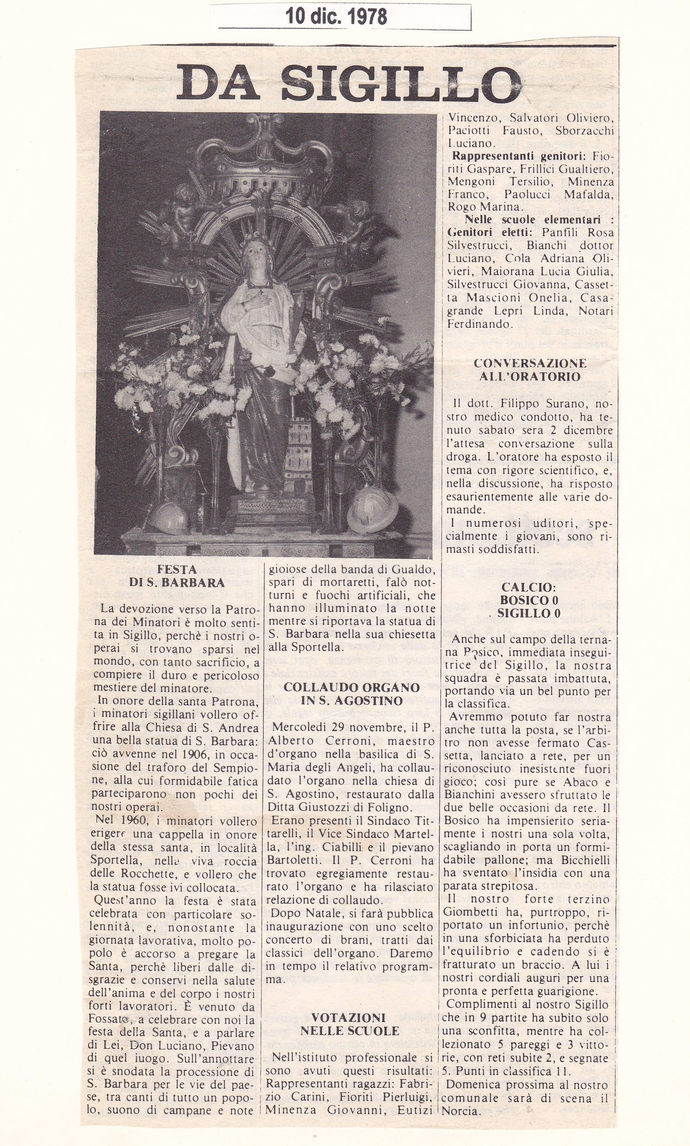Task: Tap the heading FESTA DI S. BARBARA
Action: click(x=177, y=576)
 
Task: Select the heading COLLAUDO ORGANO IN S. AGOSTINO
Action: click(x=351, y=694)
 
